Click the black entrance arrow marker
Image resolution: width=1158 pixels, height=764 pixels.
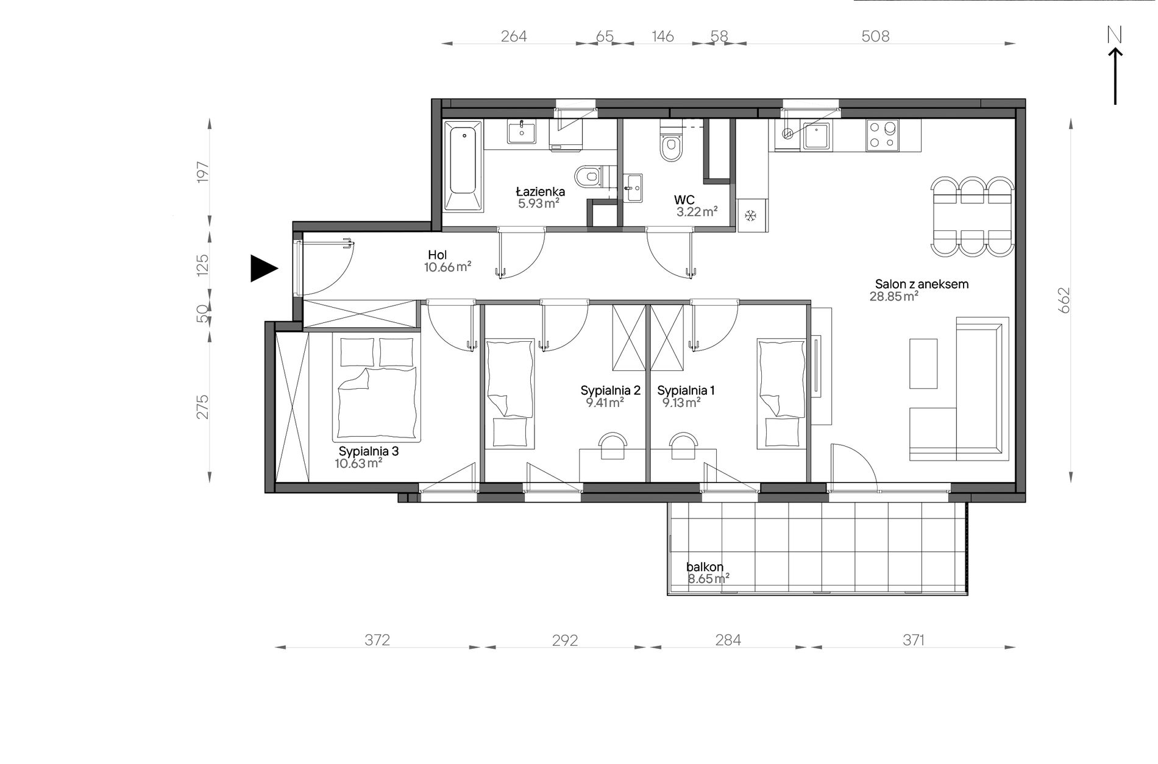pos(263,268)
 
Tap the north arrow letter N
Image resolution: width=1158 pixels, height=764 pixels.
pos(1115,35)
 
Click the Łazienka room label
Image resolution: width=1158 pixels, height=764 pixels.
pos(541,192)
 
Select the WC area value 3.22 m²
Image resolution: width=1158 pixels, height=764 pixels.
pos(697,212)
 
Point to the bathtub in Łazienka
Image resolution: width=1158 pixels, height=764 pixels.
pos(463,166)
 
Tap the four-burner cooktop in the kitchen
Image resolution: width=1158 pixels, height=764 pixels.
pos(883,135)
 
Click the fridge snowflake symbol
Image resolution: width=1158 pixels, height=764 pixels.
pos(751,215)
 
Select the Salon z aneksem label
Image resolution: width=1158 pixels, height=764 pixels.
pos(922,284)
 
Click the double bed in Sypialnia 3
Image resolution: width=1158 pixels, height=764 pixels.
pos(377,388)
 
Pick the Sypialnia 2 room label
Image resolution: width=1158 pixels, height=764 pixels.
pos(610,391)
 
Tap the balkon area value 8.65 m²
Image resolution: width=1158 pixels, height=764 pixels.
pos(708,578)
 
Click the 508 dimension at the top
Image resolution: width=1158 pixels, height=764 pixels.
pos(875,37)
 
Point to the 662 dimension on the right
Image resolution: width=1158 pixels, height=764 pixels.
pos(1064,300)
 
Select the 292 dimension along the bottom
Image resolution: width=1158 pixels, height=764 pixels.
pos(564,640)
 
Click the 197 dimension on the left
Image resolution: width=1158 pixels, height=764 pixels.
pos(203,172)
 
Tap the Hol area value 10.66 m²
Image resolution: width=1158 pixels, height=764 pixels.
pos(447,267)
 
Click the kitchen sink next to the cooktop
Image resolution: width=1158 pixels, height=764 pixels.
pos(817,136)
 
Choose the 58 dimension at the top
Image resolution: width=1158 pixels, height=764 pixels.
pos(719,37)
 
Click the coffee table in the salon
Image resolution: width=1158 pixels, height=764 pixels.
pos(923,364)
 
